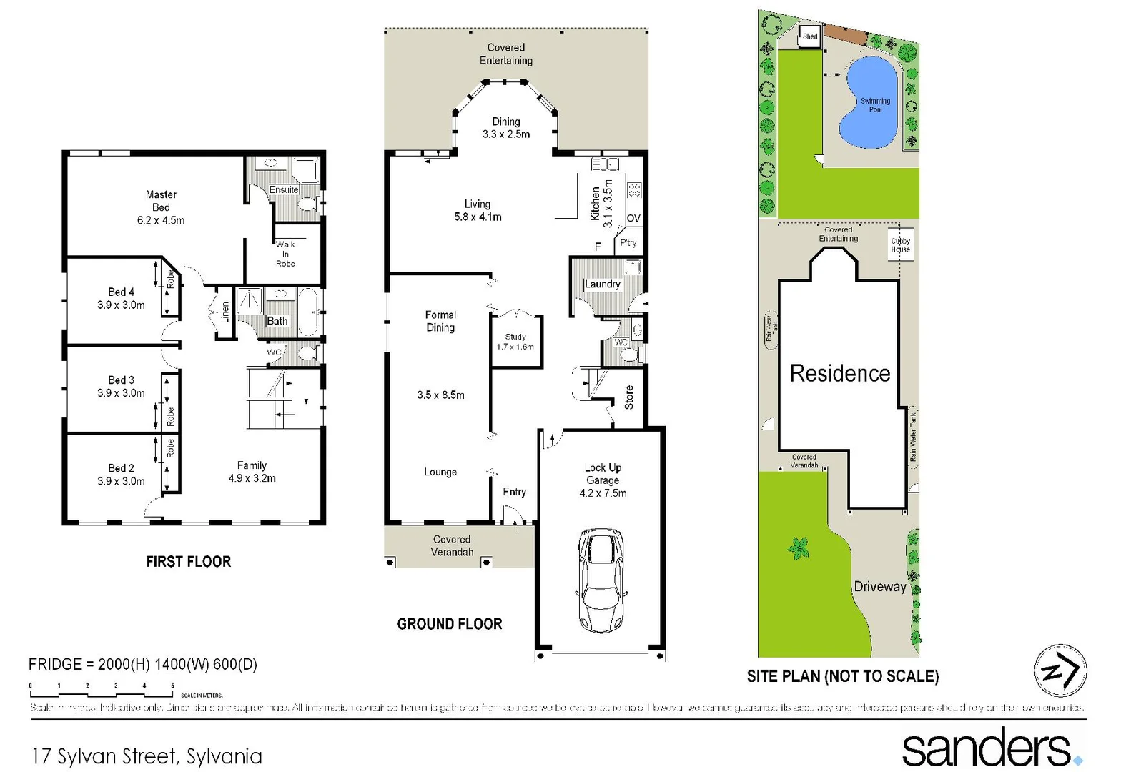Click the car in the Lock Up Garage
(601, 580)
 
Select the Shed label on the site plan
(810, 36)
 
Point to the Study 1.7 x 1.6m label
(515, 342)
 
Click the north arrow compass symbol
(1060, 670)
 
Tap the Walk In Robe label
(285, 254)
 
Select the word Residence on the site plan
(840, 373)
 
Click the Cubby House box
(901, 244)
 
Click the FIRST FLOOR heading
(189, 562)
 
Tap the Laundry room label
(603, 284)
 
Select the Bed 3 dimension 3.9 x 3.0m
(121, 393)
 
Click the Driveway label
(880, 587)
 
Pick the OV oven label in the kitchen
(633, 218)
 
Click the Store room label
(629, 397)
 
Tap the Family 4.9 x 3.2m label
(252, 472)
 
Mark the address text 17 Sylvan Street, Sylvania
(147, 756)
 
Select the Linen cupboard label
(225, 312)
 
